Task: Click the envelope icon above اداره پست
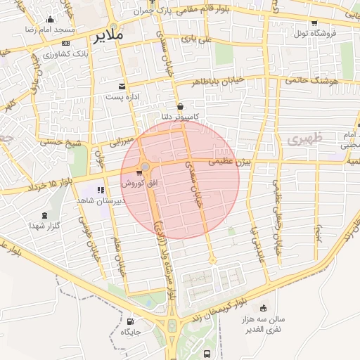(x=122, y=86)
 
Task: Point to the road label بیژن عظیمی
(x=232, y=162)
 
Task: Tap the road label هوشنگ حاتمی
(x=309, y=82)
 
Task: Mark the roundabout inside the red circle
(x=146, y=167)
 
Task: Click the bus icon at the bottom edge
(x=207, y=354)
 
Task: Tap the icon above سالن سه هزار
(x=263, y=307)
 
